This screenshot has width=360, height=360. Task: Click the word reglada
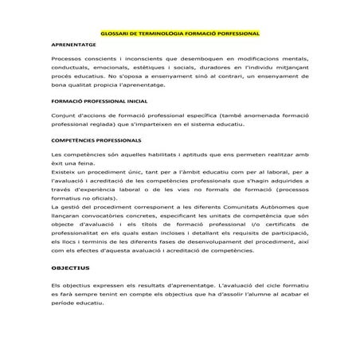point(96,126)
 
